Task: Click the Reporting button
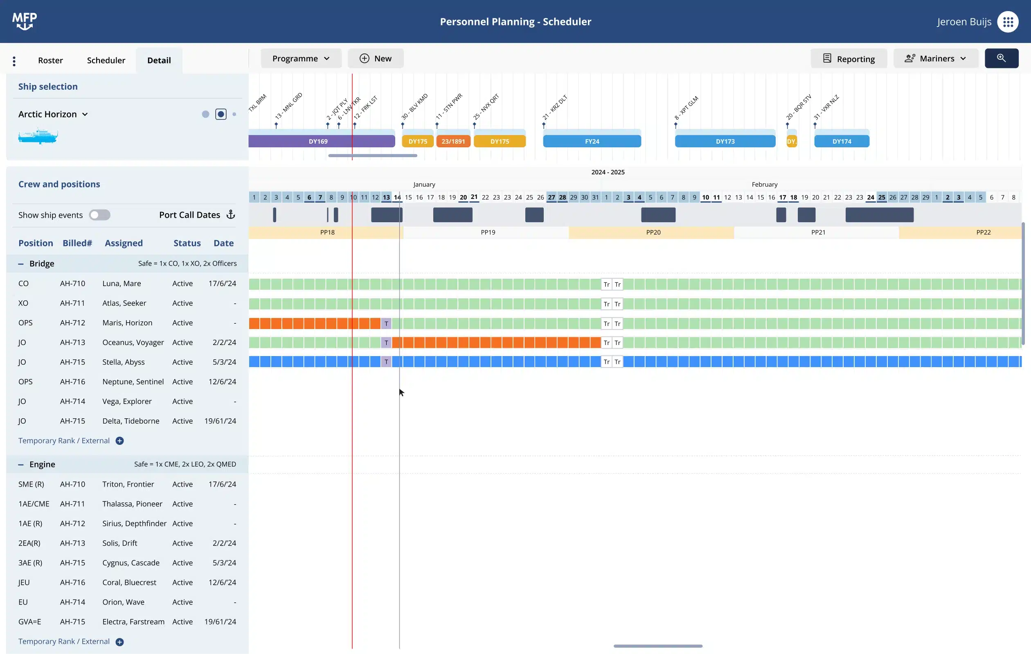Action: coord(849,59)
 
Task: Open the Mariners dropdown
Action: coord(936,59)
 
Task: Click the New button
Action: coord(376,59)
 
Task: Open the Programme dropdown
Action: coord(301,59)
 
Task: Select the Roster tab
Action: coord(50,61)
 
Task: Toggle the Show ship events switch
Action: coord(100,215)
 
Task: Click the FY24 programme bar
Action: coord(592,141)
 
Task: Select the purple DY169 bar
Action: coord(318,141)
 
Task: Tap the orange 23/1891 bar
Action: coord(453,141)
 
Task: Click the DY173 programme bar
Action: coord(725,141)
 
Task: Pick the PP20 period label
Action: coord(653,232)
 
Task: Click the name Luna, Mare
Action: coord(122,284)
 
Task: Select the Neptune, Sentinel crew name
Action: coord(133,381)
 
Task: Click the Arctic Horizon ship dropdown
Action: coord(53,114)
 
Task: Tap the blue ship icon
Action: coord(38,136)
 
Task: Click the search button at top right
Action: coord(1001,59)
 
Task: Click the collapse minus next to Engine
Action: coord(20,465)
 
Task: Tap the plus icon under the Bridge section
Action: coord(120,441)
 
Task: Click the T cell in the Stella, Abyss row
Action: coord(386,362)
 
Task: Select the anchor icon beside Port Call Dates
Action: coord(231,214)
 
